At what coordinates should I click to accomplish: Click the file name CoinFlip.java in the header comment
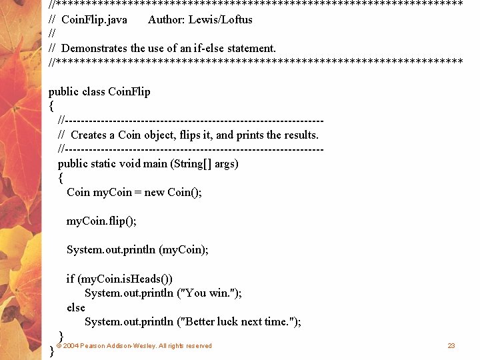(94, 19)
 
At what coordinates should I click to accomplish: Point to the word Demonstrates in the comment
(94, 48)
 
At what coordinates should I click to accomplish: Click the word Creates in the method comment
(93, 135)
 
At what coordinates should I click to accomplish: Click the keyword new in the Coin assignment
(154, 192)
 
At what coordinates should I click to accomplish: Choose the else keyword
(76, 307)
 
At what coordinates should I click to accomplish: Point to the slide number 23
(451, 346)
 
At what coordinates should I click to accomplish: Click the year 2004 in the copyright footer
(70, 346)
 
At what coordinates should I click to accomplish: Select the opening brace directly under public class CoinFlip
(51, 106)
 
